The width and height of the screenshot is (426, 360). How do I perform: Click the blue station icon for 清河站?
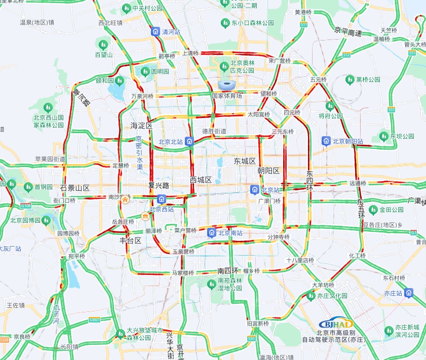pos(156,31)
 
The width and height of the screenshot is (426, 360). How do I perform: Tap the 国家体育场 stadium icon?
pos(227,85)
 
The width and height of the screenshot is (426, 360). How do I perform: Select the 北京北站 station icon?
pos(189,141)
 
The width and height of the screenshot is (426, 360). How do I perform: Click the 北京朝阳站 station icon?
pos(327,141)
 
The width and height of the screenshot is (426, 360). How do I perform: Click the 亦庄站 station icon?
pos(409,293)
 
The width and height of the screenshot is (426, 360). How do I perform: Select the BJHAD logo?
pos(336,324)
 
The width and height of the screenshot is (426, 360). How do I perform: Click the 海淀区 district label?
pos(141,125)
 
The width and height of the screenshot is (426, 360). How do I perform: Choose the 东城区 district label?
pos(245,161)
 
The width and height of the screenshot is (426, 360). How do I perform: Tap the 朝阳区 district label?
pos(268,171)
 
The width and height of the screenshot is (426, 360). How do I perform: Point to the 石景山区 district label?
pos(74,188)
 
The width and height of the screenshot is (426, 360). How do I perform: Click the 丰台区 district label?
pos(130,241)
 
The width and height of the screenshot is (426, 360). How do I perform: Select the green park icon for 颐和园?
pos(120,80)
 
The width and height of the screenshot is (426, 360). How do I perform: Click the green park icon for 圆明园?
pos(145,71)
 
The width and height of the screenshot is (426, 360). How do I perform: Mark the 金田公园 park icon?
pos(373,209)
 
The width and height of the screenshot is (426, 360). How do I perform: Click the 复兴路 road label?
pos(159,185)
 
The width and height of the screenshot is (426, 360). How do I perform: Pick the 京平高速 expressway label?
pos(348,33)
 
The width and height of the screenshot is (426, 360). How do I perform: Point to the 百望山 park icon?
pos(103,45)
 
